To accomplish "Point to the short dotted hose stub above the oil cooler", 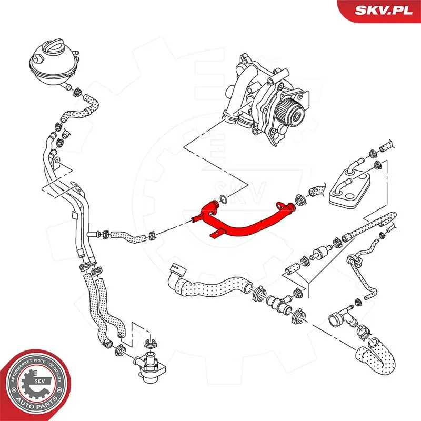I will pyautogui.click(x=387, y=145).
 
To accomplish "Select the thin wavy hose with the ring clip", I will pyautogui.click(x=363, y=274).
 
